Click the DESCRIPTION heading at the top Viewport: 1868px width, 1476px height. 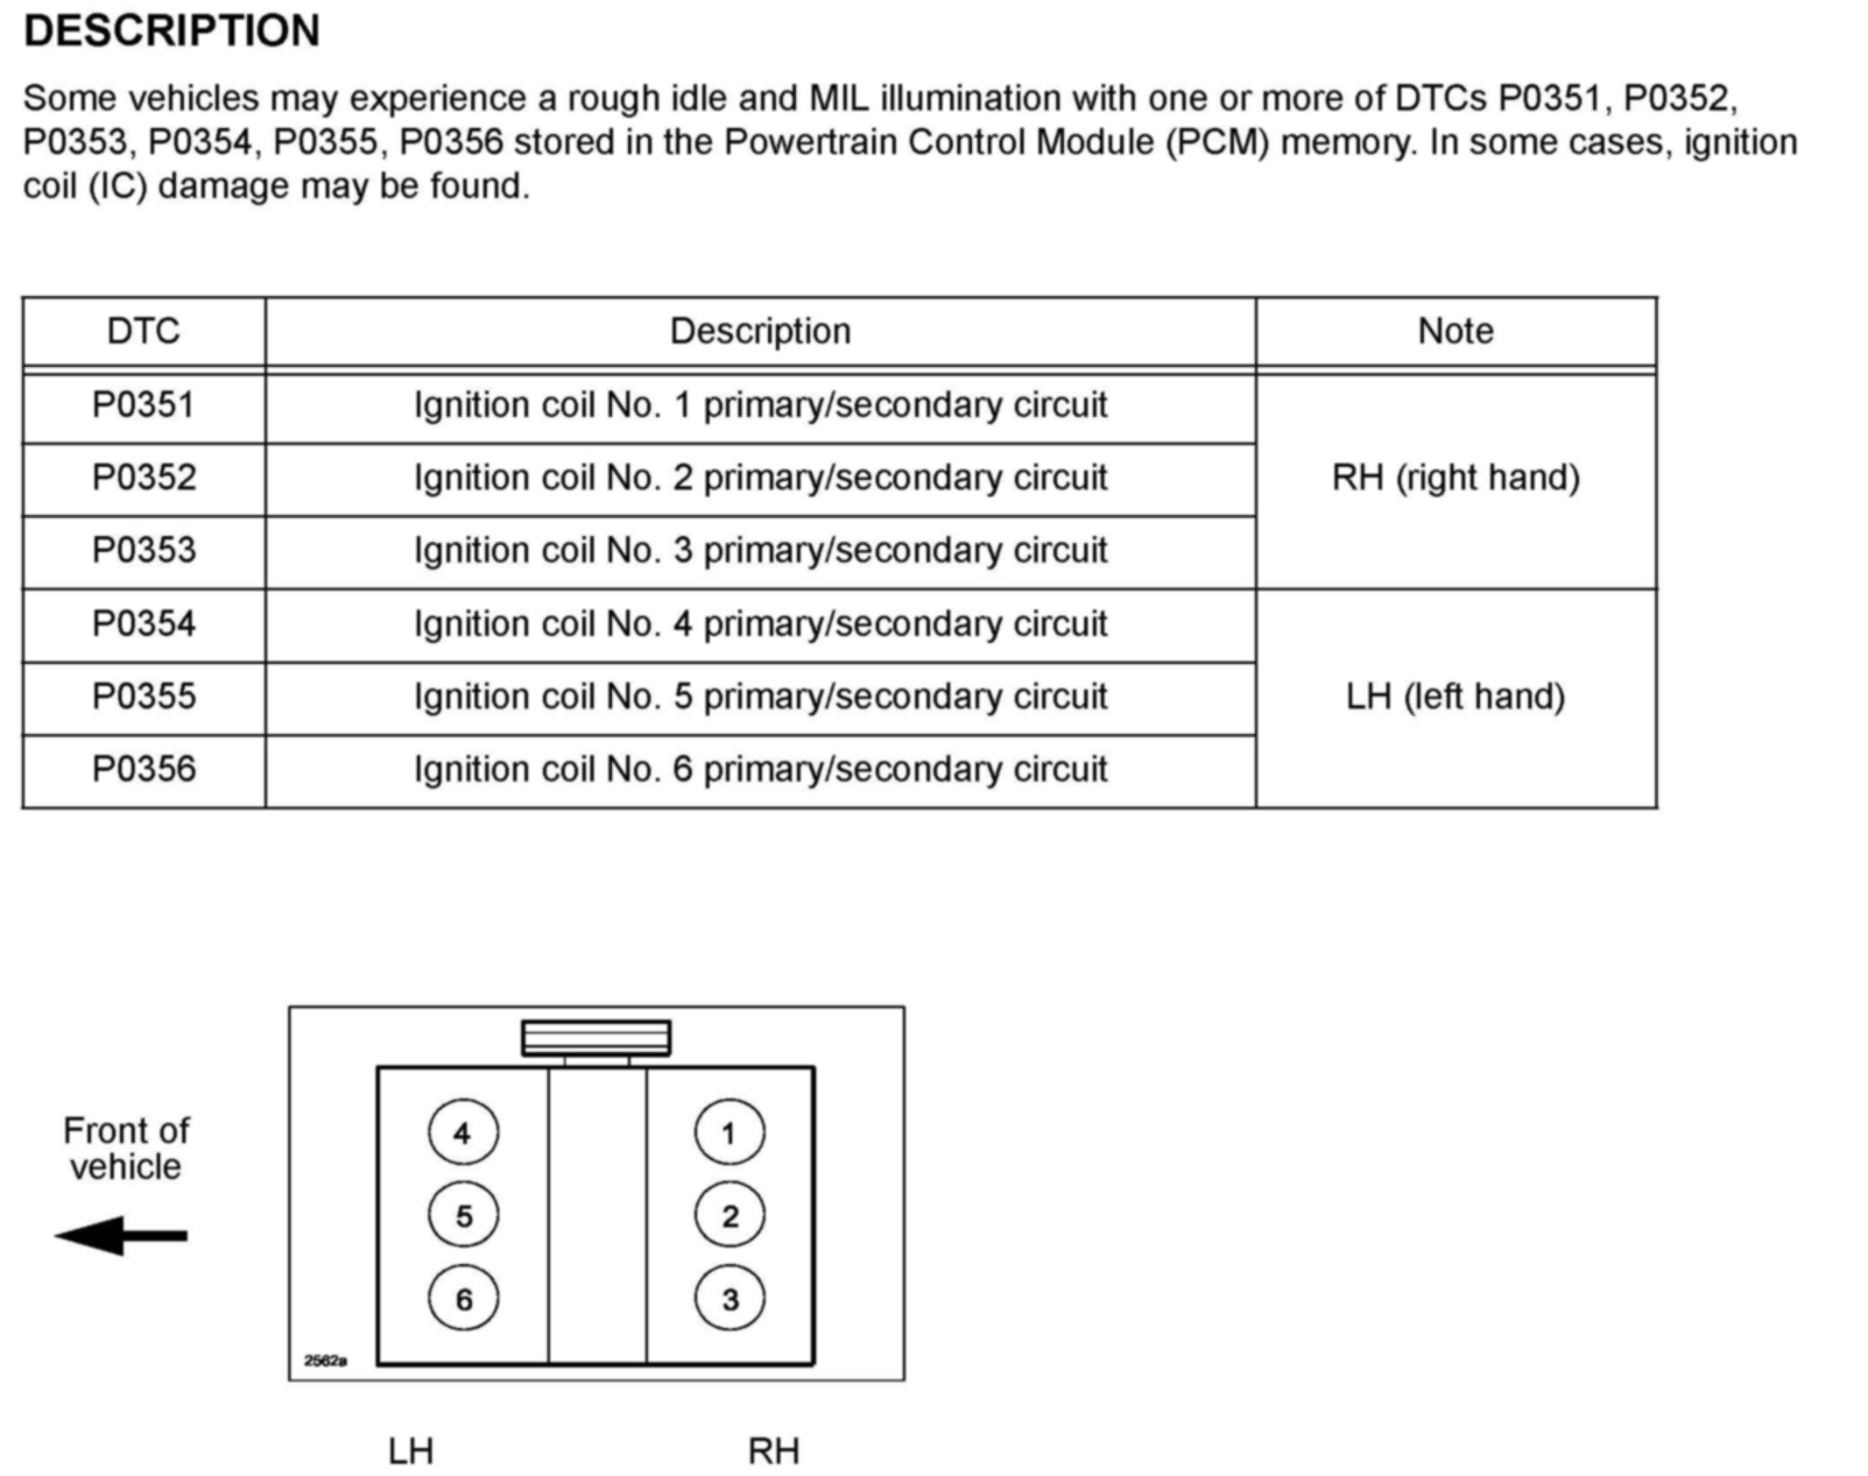(x=172, y=32)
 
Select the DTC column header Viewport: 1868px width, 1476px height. (x=144, y=331)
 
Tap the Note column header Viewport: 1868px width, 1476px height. (x=1456, y=331)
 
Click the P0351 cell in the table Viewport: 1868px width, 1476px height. (x=144, y=405)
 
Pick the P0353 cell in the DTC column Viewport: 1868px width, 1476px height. (x=144, y=550)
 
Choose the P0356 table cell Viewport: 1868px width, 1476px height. (x=144, y=769)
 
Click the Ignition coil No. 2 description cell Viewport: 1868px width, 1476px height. (x=760, y=478)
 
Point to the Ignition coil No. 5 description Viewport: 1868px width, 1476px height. (x=760, y=697)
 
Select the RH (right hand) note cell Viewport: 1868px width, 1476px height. (x=1456, y=478)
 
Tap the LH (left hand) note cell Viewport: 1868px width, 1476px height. (x=1456, y=697)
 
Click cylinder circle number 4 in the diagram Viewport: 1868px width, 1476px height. (x=463, y=1133)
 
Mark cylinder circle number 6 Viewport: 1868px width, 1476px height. (x=463, y=1298)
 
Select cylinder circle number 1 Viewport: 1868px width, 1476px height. (x=730, y=1133)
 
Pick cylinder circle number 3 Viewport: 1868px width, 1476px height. (x=730, y=1298)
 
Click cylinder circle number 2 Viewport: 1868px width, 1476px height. (x=730, y=1215)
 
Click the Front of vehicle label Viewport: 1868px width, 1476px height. (x=126, y=1148)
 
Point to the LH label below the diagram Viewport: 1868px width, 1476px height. (x=411, y=1451)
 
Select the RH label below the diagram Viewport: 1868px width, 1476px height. (x=773, y=1451)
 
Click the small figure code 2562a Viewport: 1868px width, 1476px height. (x=325, y=1360)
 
